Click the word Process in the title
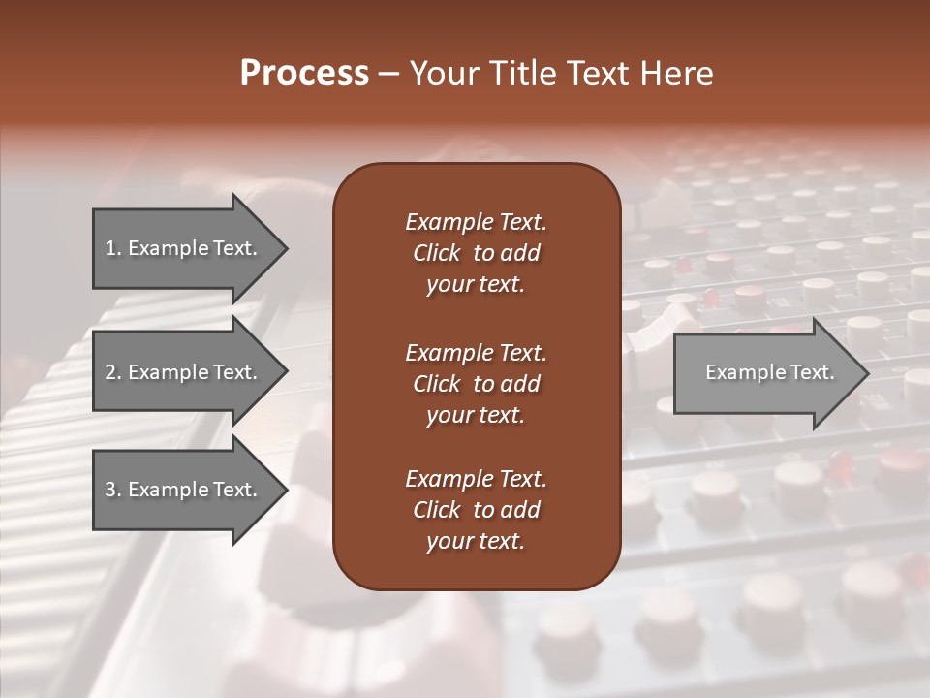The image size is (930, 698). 304,74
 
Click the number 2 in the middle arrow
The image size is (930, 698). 110,372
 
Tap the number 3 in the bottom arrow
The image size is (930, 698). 110,490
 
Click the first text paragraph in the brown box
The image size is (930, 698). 476,253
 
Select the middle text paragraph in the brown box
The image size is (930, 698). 476,384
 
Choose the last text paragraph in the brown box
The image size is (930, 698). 476,510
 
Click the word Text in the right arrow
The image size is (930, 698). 813,372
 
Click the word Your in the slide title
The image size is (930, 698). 441,74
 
